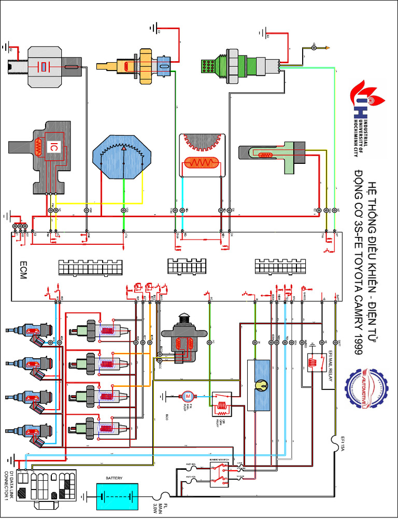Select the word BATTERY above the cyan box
114,478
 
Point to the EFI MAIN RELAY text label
329,366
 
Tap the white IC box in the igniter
53,148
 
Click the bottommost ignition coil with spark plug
98,428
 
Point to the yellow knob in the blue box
260,385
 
